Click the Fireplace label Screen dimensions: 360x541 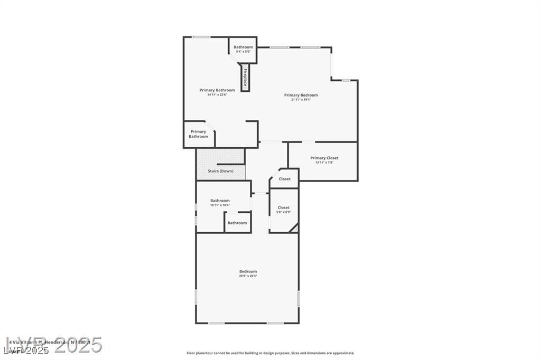[246, 78]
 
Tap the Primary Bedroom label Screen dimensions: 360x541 [301, 95]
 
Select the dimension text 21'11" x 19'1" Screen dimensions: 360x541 [301, 100]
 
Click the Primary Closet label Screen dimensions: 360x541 [324, 158]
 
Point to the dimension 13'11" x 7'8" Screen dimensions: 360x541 [324, 163]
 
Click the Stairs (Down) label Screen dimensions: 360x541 [220, 171]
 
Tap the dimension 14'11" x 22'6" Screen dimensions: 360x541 [217, 95]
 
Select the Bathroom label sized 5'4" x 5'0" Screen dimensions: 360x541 [244, 47]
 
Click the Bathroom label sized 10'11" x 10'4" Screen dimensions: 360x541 [220, 201]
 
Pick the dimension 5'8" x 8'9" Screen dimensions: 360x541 [284, 213]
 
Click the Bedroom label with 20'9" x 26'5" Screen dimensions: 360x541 [248, 271]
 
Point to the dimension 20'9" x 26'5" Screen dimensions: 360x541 [248, 276]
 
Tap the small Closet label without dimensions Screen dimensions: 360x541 [285, 179]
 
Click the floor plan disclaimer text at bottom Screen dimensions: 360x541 [270, 353]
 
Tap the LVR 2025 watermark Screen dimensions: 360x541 [53, 346]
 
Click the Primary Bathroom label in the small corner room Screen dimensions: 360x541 [198, 134]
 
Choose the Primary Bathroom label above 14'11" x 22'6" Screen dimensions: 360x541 [217, 90]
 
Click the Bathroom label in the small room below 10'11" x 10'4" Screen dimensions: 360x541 [237, 223]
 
